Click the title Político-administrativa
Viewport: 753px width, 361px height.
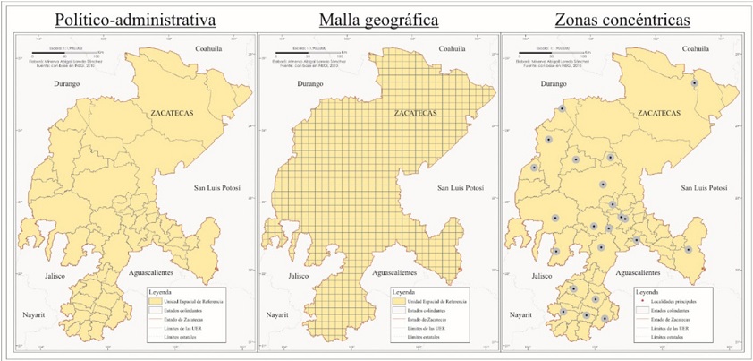coord(127,19)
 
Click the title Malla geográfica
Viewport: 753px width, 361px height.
coord(376,19)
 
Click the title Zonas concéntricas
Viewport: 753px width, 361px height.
coord(626,19)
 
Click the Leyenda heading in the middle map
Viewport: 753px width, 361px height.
coord(404,292)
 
